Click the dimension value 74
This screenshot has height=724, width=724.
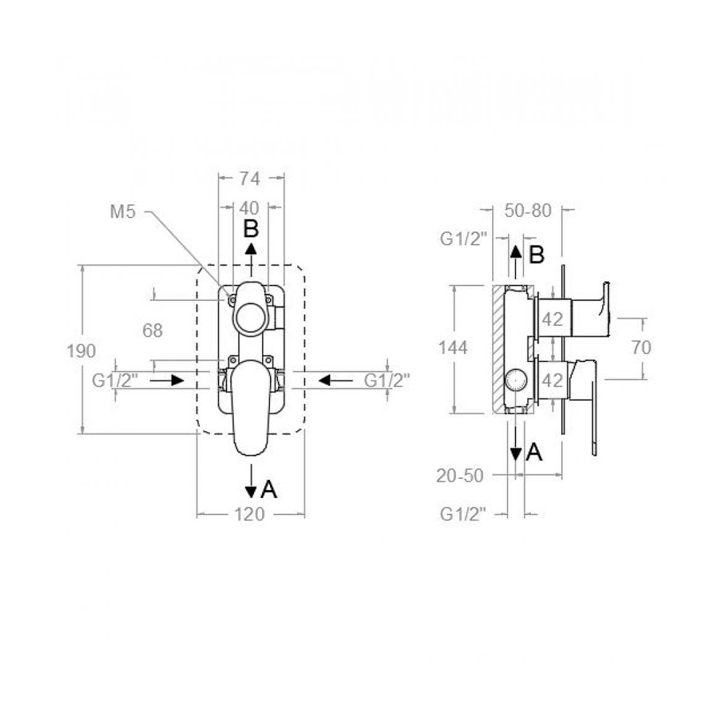pyautogui.click(x=250, y=179)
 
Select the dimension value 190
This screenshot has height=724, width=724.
pyautogui.click(x=81, y=351)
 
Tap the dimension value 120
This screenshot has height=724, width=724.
pyautogui.click(x=250, y=514)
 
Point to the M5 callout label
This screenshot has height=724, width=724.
pyautogui.click(x=122, y=211)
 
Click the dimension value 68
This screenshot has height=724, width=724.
pyautogui.click(x=152, y=330)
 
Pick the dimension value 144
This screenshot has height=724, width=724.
pyautogui.click(x=453, y=348)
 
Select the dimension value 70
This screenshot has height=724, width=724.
pyautogui.click(x=641, y=348)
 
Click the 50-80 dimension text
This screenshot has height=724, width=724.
pyautogui.click(x=528, y=211)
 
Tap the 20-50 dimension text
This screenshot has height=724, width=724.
pyautogui.click(x=460, y=476)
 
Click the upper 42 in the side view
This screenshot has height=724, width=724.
pyautogui.click(x=552, y=319)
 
